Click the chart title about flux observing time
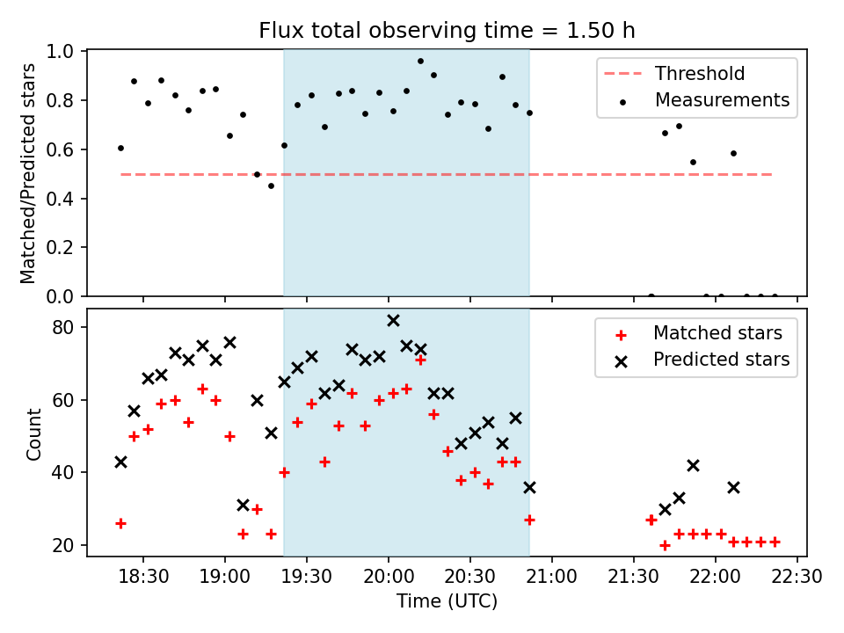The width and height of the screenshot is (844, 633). click(x=447, y=31)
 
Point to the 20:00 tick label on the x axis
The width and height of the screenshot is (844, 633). click(x=388, y=578)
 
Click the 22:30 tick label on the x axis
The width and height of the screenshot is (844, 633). click(x=797, y=578)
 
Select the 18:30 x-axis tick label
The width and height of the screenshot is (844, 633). click(x=143, y=578)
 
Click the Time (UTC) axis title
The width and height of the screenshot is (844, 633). click(x=447, y=602)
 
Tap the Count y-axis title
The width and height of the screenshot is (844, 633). click(x=34, y=434)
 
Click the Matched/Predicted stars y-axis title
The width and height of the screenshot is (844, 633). click(x=28, y=173)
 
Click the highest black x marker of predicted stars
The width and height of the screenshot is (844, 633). click(x=393, y=321)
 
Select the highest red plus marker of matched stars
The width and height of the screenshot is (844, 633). click(x=420, y=360)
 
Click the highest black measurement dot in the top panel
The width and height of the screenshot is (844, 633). click(x=420, y=62)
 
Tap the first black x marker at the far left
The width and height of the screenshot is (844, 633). click(x=120, y=462)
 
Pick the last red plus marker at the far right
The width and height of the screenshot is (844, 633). click(x=775, y=542)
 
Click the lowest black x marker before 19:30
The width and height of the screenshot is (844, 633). click(x=243, y=505)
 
